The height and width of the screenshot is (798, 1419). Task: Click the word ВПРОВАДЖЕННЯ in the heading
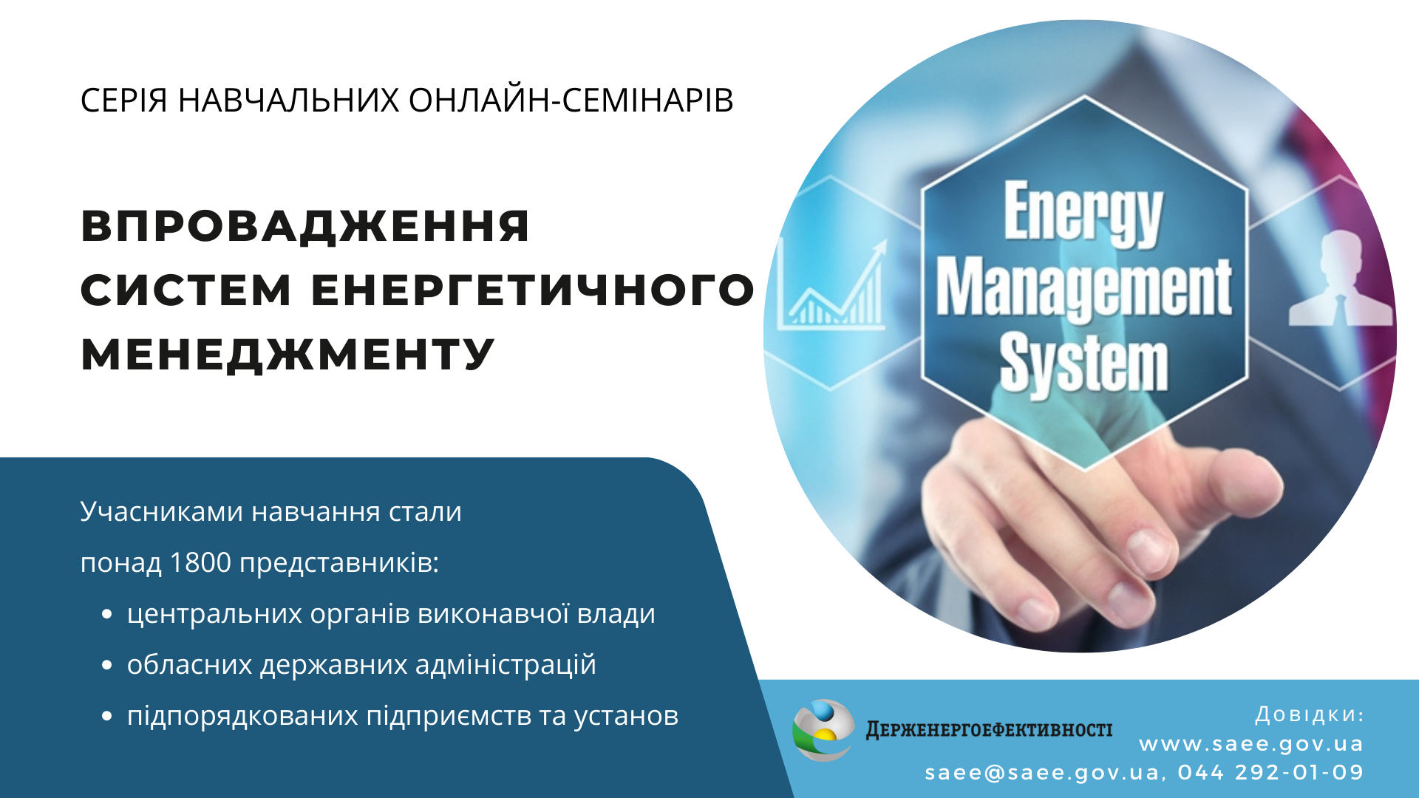point(305,225)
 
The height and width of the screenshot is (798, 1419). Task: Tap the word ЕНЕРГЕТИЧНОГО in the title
point(533,290)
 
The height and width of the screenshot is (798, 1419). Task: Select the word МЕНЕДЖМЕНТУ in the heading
point(287,354)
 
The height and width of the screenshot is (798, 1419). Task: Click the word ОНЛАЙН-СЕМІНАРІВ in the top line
point(571,100)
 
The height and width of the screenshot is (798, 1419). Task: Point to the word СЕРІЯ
point(124,100)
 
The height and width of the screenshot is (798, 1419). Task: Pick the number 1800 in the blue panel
point(200,562)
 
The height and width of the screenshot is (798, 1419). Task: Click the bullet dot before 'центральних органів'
point(107,614)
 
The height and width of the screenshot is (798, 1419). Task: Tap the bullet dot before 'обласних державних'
point(107,665)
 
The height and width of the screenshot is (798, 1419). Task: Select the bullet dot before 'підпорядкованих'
point(107,716)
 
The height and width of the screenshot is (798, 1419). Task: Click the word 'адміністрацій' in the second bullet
point(506,664)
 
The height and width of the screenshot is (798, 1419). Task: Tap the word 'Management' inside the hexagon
point(1084,290)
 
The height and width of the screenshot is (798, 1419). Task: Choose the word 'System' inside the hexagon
point(1083,364)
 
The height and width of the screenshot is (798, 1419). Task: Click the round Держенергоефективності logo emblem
point(823,730)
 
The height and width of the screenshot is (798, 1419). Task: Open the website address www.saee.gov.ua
point(1251,744)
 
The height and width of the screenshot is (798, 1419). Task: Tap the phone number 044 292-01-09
point(1270,773)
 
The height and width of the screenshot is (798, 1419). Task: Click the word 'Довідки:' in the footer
point(1310,715)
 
